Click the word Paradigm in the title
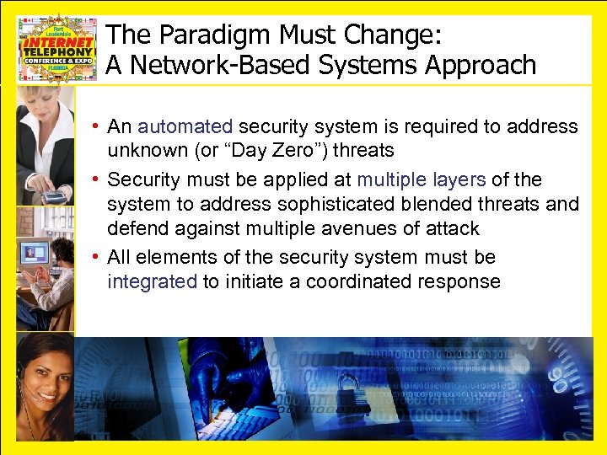(x=204, y=35)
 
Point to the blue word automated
(x=185, y=126)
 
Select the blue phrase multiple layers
(x=421, y=179)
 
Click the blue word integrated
(x=153, y=281)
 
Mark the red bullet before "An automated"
(x=98, y=127)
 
